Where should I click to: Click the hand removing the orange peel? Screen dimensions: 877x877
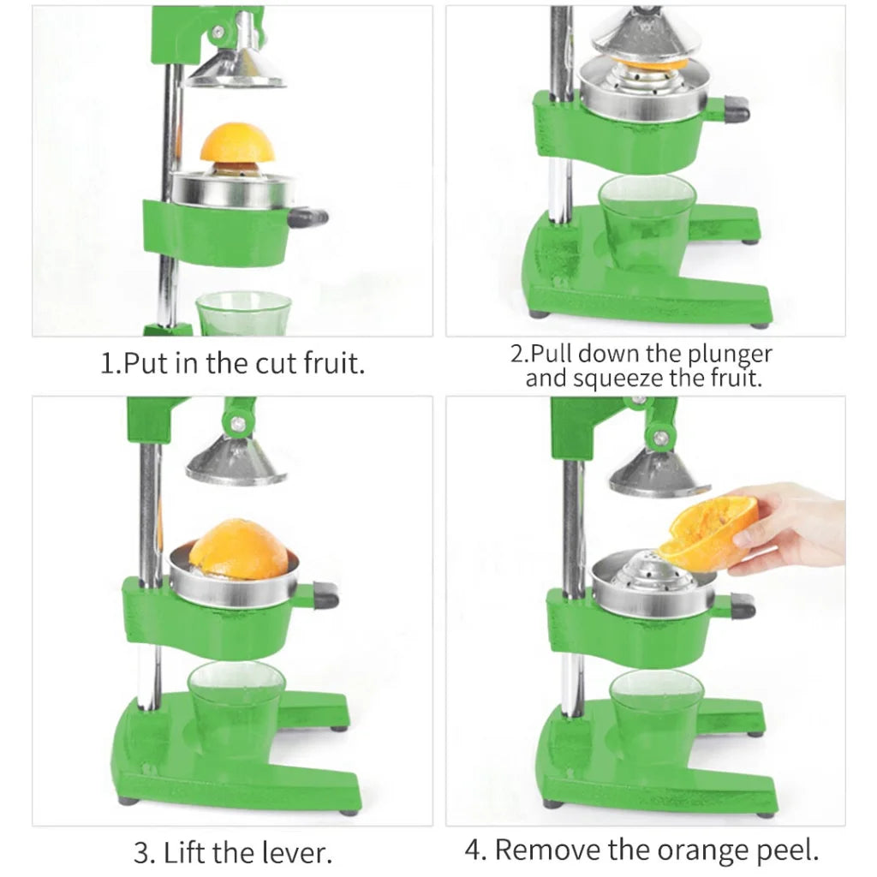[792, 525]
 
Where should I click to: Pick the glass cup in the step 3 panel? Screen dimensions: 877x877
[236, 707]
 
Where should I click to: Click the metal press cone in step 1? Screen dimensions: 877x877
[236, 69]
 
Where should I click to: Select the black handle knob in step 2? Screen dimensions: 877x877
[735, 110]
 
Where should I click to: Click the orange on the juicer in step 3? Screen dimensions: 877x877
[239, 549]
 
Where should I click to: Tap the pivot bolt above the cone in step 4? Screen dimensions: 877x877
[659, 438]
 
